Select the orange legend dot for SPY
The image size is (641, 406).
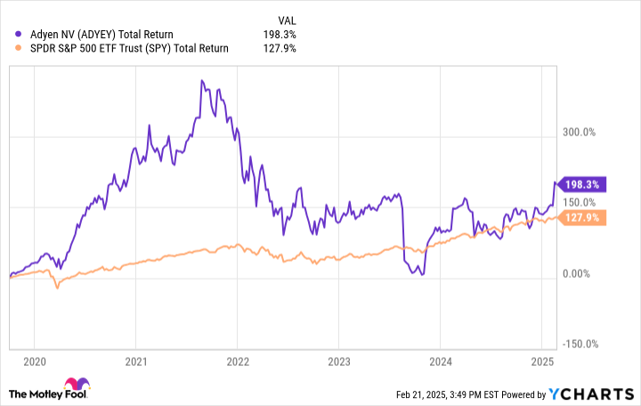click(20, 49)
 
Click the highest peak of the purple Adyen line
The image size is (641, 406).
click(202, 81)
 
